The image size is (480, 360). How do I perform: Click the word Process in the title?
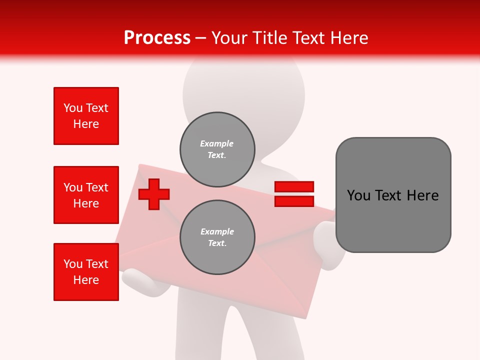tap(157, 38)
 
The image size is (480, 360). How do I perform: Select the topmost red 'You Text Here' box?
tap(86, 116)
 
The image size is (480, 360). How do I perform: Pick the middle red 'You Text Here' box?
tap(86, 195)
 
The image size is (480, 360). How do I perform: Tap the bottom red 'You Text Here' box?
tap(86, 272)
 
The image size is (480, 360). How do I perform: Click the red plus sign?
tap(154, 193)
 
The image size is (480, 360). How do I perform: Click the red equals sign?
tap(294, 194)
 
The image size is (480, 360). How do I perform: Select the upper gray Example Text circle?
tap(217, 149)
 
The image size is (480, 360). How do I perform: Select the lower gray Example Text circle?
tap(217, 237)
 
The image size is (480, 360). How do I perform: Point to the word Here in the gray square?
tap(422, 195)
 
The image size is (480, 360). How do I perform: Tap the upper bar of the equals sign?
tap(294, 186)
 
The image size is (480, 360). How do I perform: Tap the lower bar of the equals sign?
tap(294, 201)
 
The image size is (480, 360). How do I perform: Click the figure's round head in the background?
tap(243, 90)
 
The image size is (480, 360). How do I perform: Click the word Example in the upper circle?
tap(216, 143)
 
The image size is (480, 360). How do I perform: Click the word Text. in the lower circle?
tap(217, 243)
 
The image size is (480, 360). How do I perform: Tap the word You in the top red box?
tap(73, 108)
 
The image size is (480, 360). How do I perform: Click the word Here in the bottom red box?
tap(86, 280)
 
